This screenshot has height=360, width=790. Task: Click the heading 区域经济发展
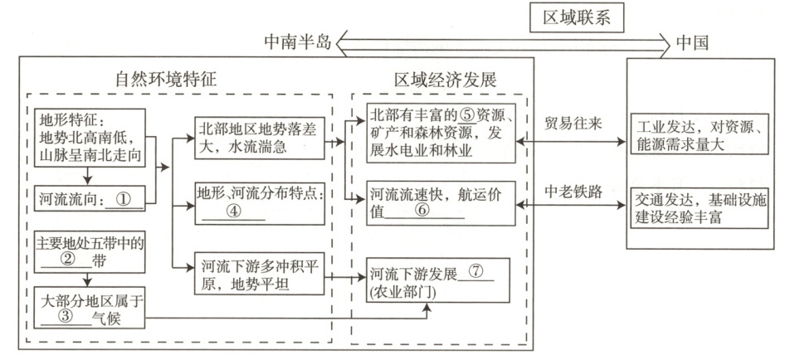[445, 81]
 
